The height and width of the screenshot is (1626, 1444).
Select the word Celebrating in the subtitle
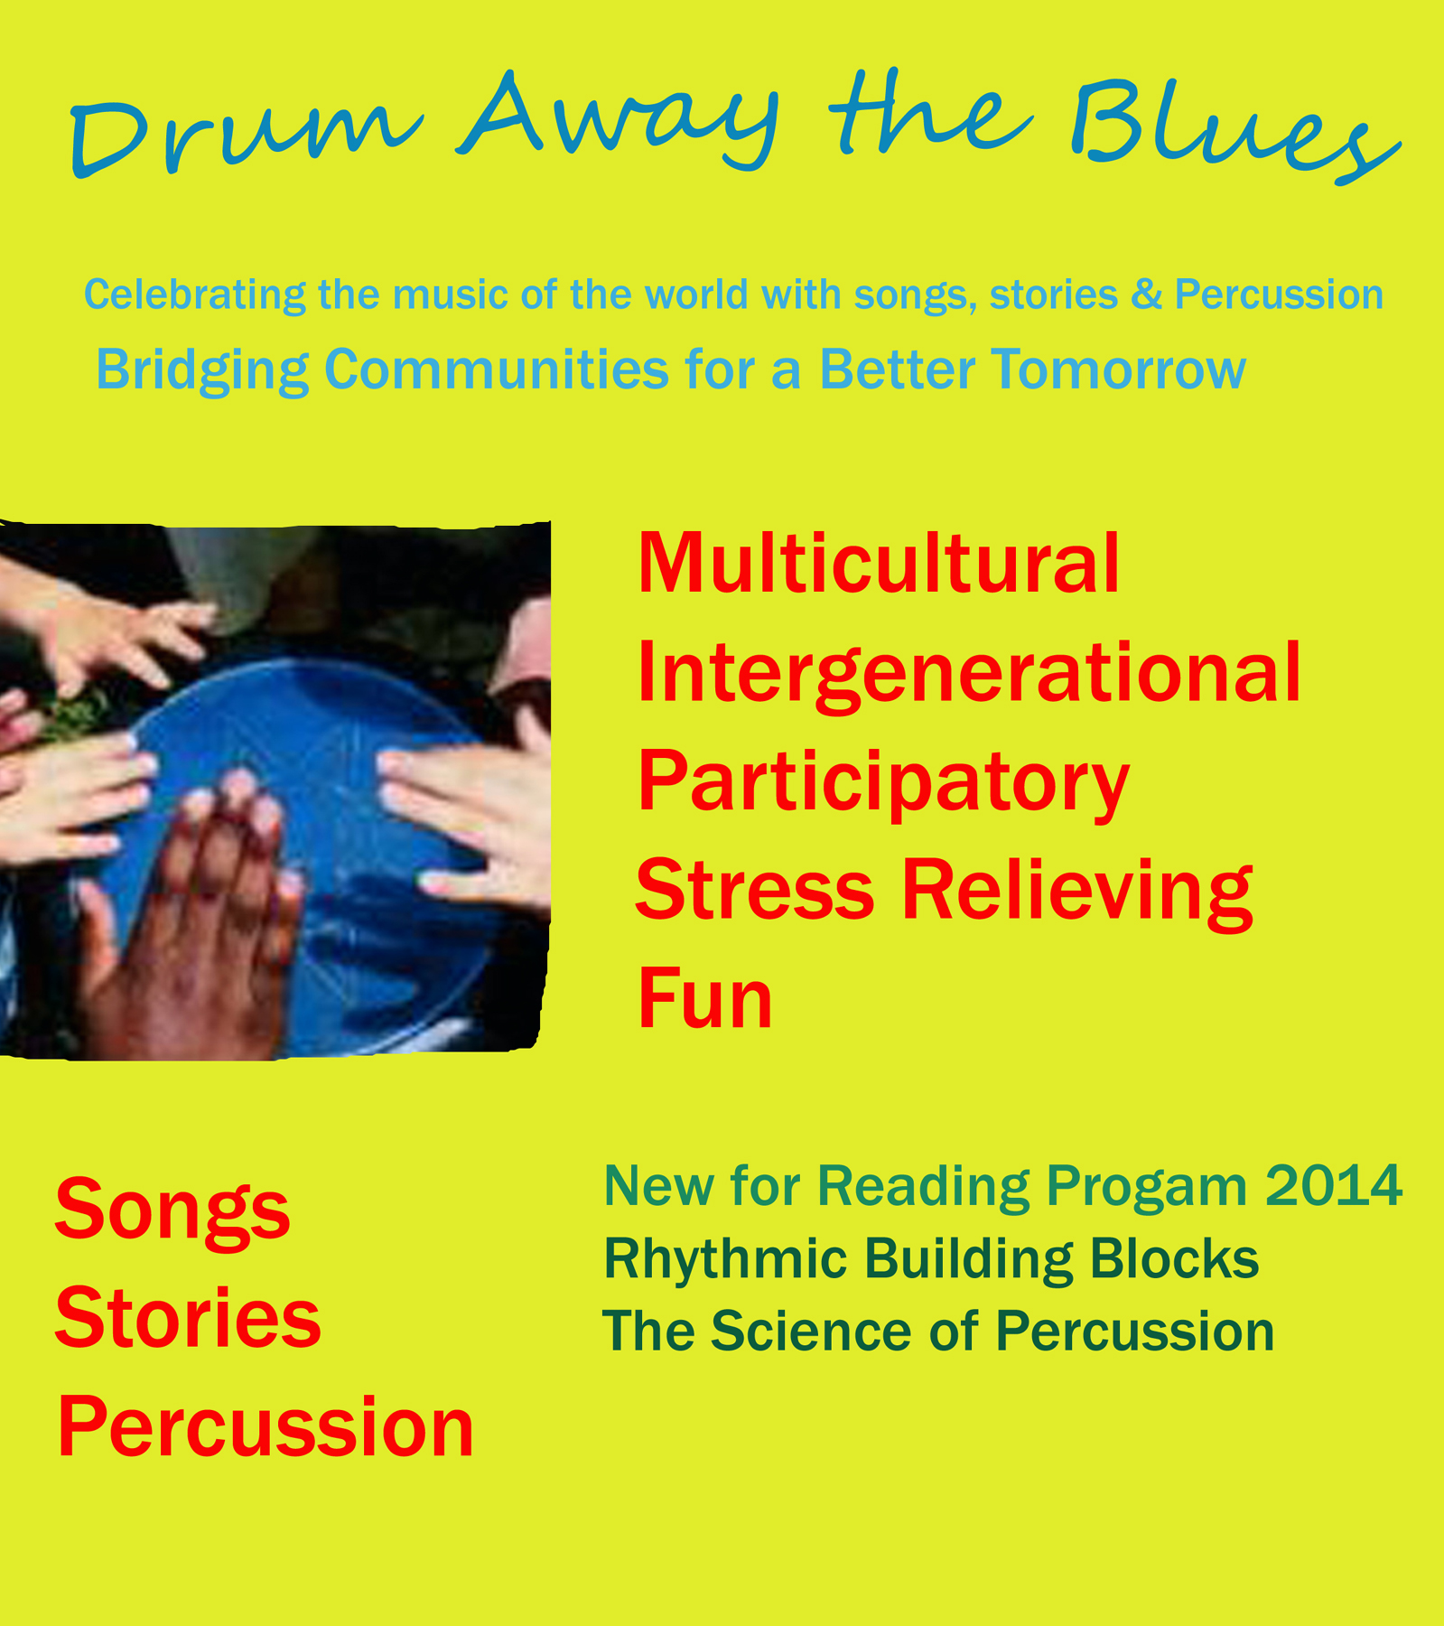195,295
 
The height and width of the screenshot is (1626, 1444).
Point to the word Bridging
202,370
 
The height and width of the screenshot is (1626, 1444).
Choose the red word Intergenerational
969,676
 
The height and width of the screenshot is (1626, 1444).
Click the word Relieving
1076,893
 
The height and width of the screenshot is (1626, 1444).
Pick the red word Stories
188,1317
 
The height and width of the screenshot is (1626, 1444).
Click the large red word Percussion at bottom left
266,1427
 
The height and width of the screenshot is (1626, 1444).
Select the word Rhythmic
726,1260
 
